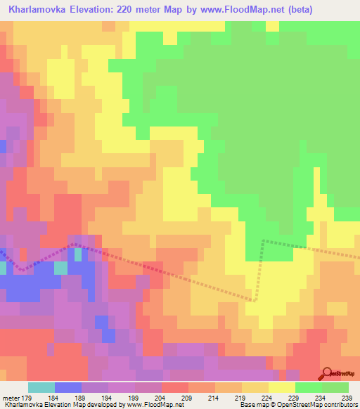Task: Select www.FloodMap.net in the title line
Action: (241, 10)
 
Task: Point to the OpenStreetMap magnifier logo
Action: (326, 373)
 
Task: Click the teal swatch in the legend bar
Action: (41, 387)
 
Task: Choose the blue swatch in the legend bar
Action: (68, 387)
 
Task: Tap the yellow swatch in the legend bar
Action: (282, 387)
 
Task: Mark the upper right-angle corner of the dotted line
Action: (263, 240)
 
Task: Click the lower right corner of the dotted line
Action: (255, 299)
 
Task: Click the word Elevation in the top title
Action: (101, 10)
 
